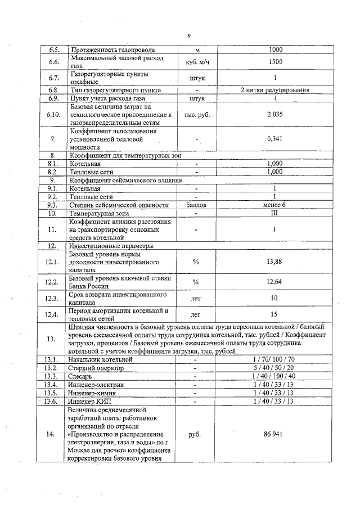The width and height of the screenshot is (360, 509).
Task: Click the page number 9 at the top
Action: point(189,35)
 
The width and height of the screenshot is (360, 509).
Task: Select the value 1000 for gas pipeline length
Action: point(275,49)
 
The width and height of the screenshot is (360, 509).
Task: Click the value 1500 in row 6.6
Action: point(275,62)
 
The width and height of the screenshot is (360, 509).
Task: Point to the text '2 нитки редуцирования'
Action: point(275,90)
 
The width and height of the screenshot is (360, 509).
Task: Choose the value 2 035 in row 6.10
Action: point(275,114)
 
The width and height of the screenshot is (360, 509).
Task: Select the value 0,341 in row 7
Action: point(275,139)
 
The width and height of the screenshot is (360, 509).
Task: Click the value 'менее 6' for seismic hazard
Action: point(274,205)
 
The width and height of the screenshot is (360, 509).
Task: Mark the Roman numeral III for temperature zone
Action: point(275,213)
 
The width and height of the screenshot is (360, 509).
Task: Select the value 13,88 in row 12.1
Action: point(275,262)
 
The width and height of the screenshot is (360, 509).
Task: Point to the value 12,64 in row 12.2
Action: point(275,282)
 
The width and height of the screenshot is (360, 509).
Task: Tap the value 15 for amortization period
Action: point(275,315)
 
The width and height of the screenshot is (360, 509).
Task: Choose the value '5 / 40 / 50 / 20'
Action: point(275,368)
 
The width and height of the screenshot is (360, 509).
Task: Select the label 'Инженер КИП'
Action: point(90,402)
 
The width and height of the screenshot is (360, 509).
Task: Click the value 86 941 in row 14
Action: point(275,435)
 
